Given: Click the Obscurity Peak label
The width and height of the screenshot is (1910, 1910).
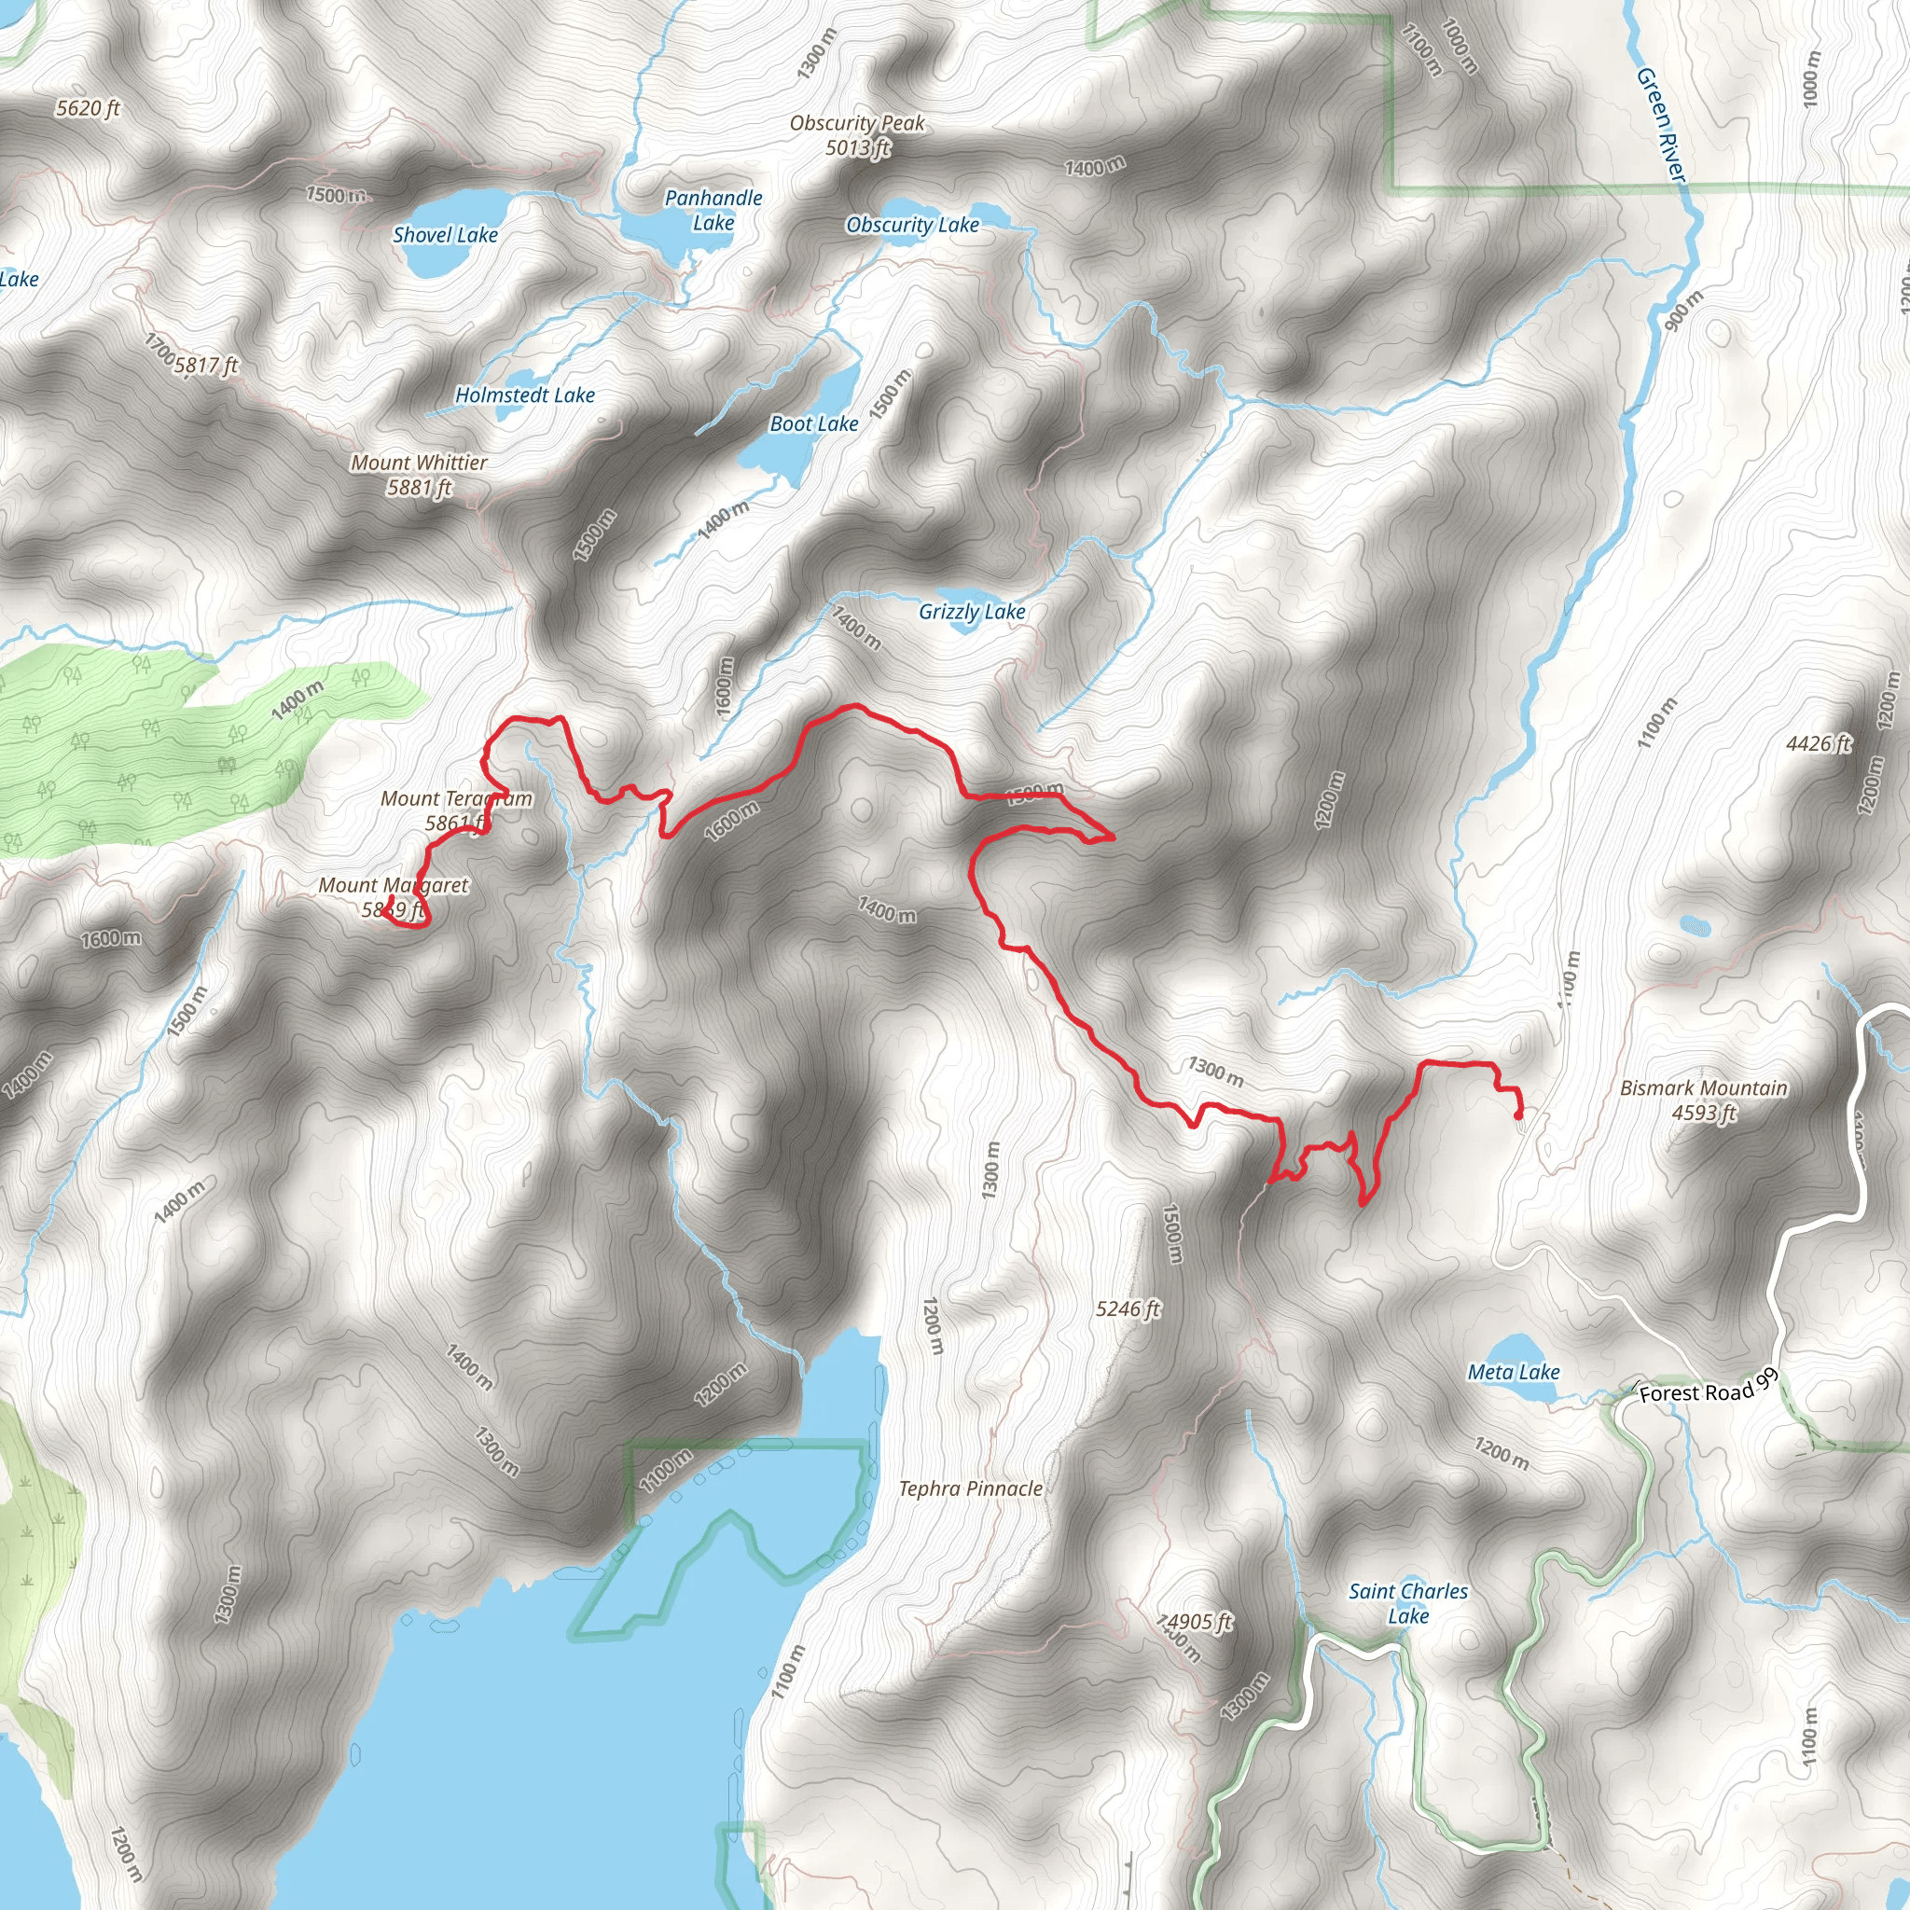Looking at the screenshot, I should click(857, 134).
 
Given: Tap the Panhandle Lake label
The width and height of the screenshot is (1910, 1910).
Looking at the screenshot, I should click(713, 210).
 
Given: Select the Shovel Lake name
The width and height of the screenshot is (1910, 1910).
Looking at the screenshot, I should click(445, 235).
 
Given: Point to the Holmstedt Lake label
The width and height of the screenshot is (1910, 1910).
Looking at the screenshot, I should click(525, 395).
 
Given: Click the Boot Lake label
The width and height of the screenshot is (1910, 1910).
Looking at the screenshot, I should click(813, 424).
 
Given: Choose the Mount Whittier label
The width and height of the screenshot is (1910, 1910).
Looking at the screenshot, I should click(419, 475).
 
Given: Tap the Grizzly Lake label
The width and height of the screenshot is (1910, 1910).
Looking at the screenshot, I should click(972, 612).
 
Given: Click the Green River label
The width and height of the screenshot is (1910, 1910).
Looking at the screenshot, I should click(1660, 125).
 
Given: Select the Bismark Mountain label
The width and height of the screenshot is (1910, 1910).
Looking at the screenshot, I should click(1703, 1100).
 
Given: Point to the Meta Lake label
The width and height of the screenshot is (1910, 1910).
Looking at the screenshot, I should click(1514, 1372).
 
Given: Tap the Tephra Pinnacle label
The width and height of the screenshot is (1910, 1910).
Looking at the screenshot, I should click(970, 1488).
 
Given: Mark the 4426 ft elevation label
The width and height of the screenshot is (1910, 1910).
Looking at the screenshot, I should click(1818, 743).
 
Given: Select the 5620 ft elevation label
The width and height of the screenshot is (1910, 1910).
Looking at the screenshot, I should click(88, 109).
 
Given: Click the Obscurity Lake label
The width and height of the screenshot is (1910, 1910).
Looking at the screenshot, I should click(912, 226).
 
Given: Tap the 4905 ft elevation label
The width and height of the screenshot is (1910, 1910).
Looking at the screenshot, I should click(1199, 1623).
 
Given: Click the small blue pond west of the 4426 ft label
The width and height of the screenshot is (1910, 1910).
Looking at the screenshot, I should click(1695, 926).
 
